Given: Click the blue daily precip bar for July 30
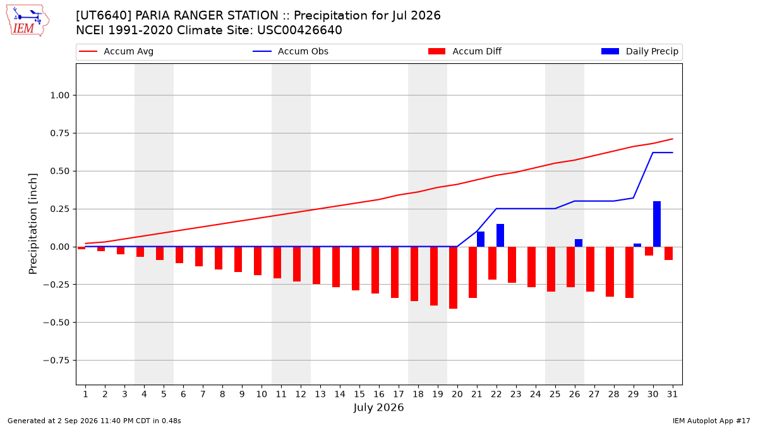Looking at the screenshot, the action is tap(656, 224).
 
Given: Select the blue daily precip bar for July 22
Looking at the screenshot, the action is tap(500, 235).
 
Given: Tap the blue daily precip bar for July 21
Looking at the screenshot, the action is tap(481, 239).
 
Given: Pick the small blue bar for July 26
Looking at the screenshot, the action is tap(579, 243).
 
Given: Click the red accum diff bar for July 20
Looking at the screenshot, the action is tap(453, 278).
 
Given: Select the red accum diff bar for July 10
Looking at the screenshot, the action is tap(258, 261).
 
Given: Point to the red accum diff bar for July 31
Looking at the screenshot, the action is tap(668, 253).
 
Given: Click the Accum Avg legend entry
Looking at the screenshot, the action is tap(116, 51).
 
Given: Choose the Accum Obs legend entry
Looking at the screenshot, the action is tap(291, 51).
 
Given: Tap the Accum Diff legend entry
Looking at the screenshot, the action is tap(465, 51).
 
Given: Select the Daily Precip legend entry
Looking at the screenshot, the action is tap(639, 51).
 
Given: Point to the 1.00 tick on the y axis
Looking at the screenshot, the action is tap(60, 96).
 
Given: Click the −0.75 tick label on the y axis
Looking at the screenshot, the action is tap(56, 360).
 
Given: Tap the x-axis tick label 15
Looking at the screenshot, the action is tap(359, 394).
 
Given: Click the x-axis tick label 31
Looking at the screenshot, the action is tap(672, 394).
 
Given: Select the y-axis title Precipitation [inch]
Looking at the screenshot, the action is tap(33, 224).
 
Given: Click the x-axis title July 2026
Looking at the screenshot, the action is tap(378, 407).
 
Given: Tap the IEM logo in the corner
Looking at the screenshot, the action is tap(27, 21).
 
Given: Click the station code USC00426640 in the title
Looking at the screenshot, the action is tap(299, 30).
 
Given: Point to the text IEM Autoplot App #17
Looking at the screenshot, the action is tap(711, 421).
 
